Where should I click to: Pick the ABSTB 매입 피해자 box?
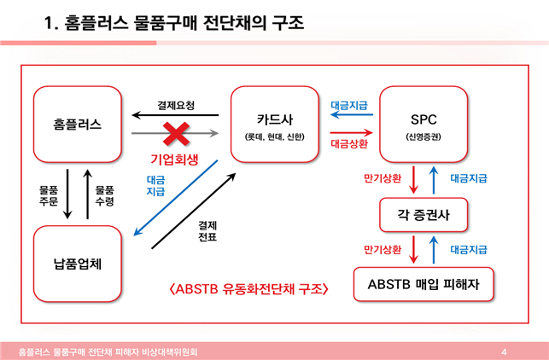point(424,284)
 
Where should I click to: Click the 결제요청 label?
point(176,106)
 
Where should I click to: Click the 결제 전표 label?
point(207,231)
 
